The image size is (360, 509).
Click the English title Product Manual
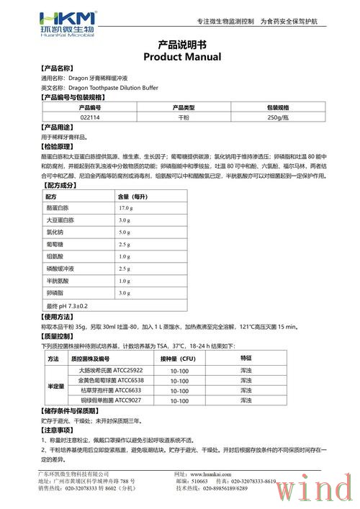179,56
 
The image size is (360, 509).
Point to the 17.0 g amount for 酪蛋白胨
128,207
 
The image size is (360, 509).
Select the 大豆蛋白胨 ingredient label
60,220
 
